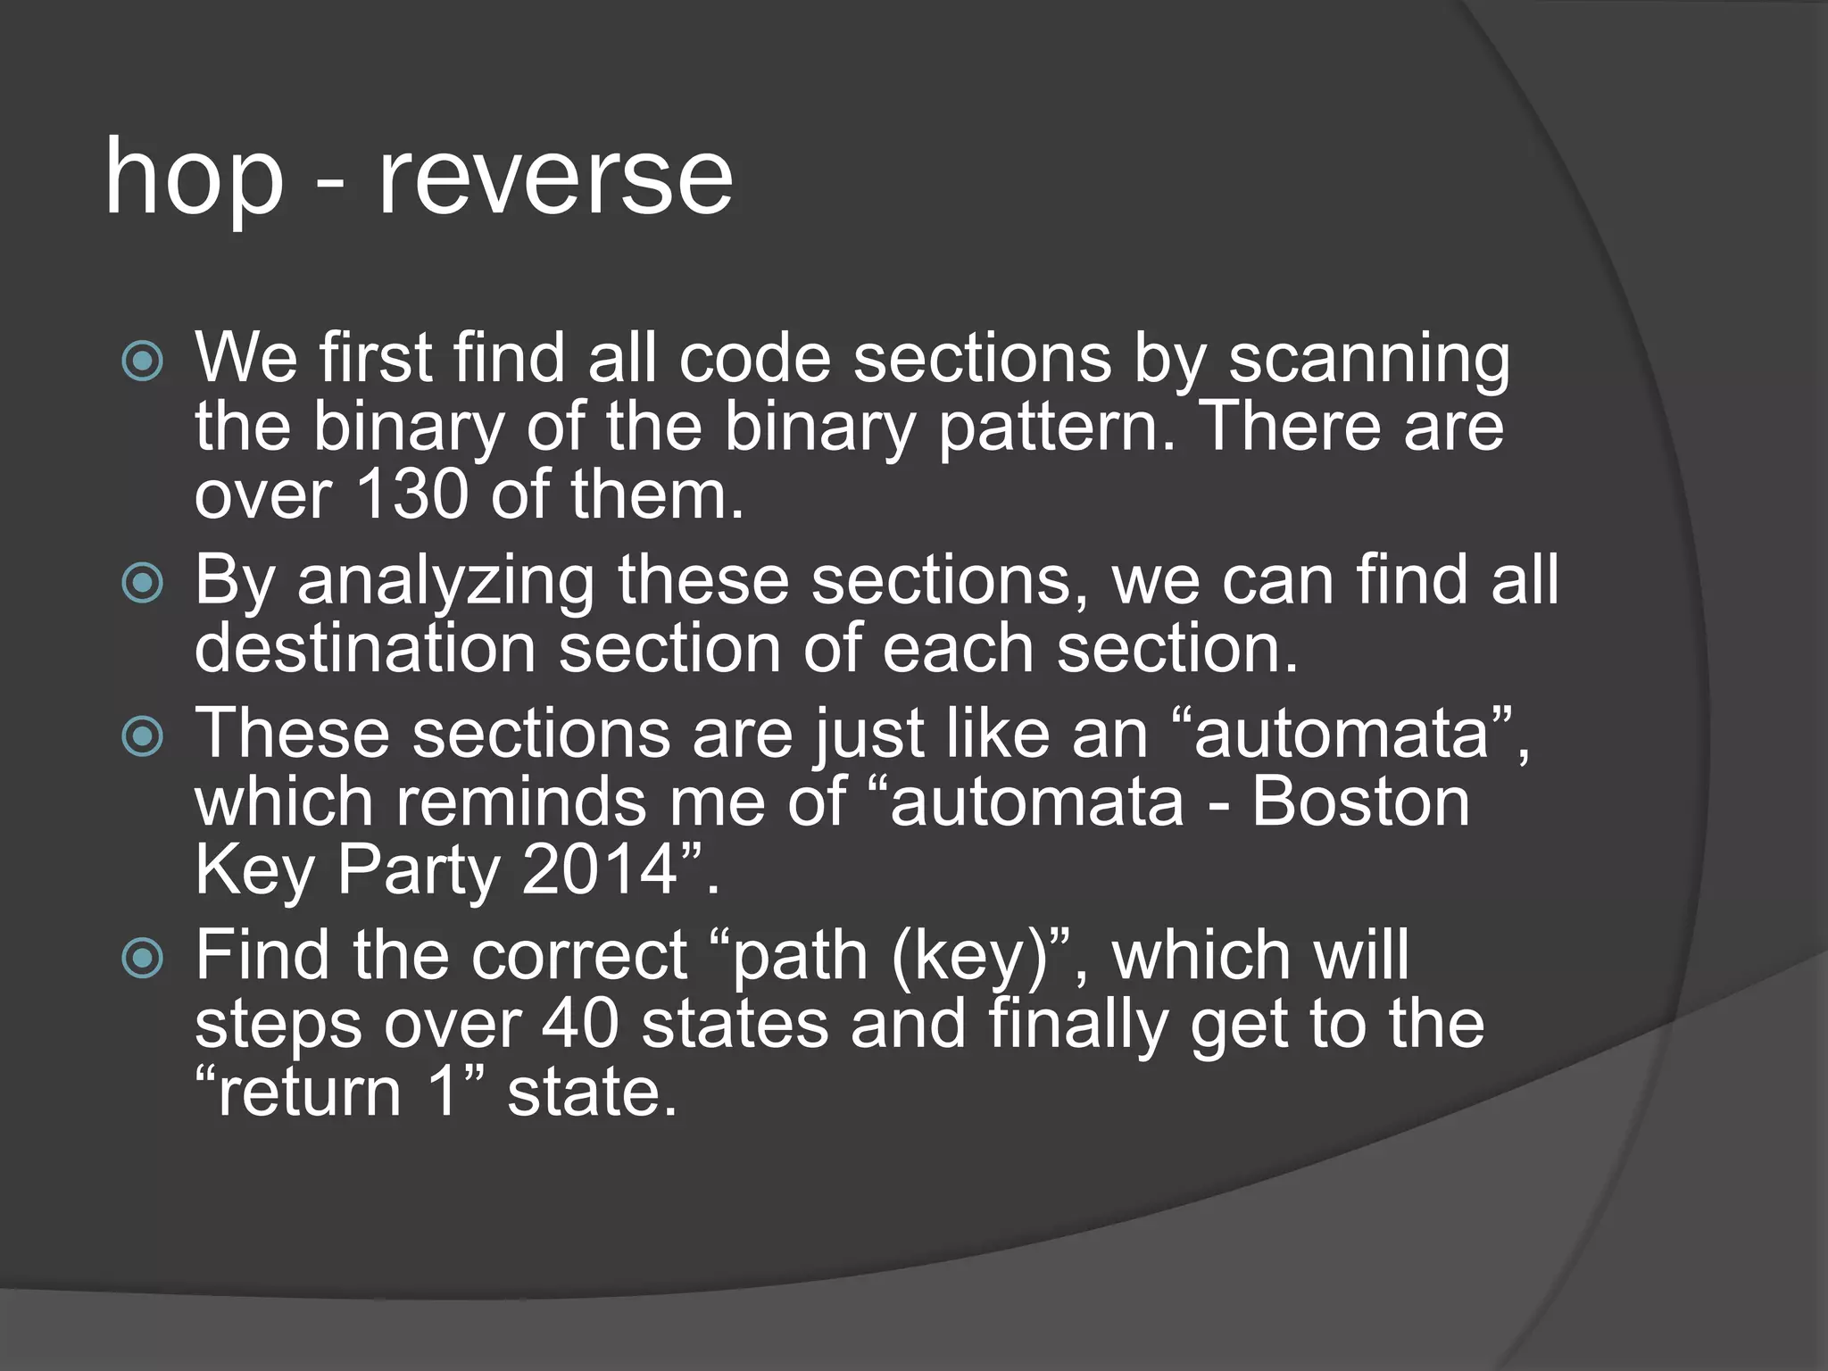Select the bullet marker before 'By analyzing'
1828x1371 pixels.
[x=143, y=585]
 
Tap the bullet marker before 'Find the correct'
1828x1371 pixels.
[x=143, y=960]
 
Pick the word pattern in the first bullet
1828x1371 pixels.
[x=1056, y=428]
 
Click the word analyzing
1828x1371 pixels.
[x=445, y=582]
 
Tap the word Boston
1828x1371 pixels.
[x=1360, y=801]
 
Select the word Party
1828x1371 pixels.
[x=419, y=870]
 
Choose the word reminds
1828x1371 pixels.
[x=522, y=801]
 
